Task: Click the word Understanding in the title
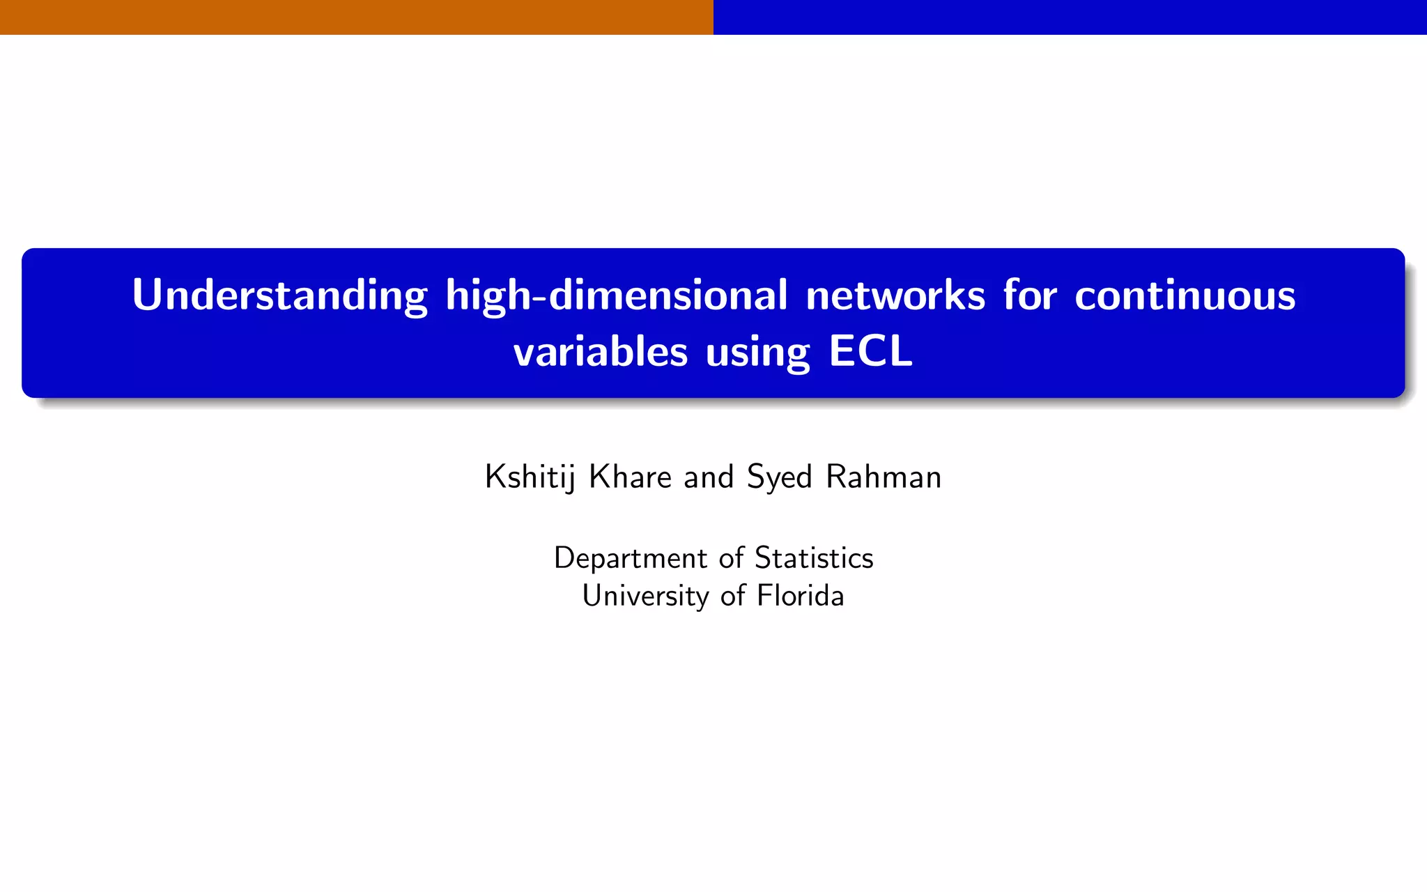(279, 295)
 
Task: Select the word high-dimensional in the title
(617, 295)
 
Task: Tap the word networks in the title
(895, 295)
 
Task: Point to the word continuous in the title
(1185, 295)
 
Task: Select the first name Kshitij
(530, 478)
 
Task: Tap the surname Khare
(630, 477)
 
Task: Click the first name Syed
(779, 478)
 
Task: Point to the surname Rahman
(884, 477)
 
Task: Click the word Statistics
(814, 557)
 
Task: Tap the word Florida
(801, 596)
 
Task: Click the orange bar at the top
(357, 17)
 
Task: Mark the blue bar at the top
(1070, 17)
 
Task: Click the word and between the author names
(709, 477)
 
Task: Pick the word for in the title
(1030, 295)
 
